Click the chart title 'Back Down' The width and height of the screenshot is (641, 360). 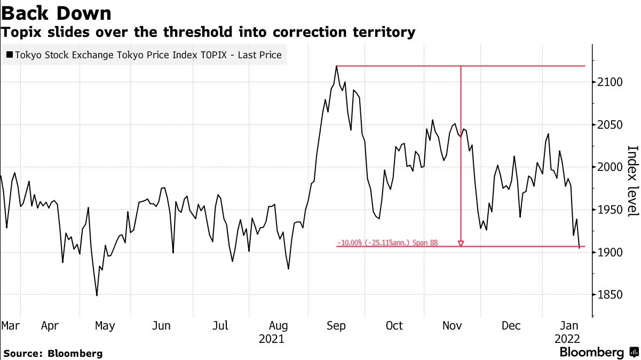tap(56, 13)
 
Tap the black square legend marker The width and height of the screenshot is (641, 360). tap(10, 55)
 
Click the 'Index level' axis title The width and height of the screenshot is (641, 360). tap(632, 182)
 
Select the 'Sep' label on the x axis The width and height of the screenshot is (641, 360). tap(336, 326)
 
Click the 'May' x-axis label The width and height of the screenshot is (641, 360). tap(104, 326)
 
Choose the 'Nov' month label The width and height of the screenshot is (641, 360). tap(453, 326)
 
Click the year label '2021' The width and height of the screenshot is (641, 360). tap(271, 339)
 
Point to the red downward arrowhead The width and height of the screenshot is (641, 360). tap(461, 244)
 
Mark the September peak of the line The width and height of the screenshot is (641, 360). tap(337, 66)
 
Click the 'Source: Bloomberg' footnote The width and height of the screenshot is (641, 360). tap(52, 354)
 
